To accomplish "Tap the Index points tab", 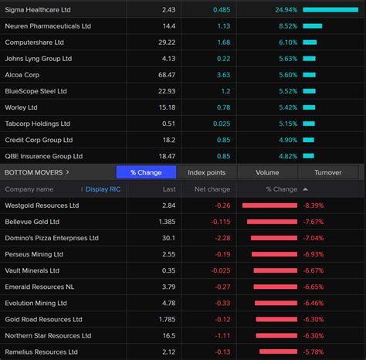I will coord(206,172).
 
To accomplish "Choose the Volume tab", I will coord(266,172).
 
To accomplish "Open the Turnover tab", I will coord(327,172).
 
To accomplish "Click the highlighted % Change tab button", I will coord(145,172).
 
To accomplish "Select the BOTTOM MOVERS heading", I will coord(35,172).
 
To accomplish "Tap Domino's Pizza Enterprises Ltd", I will coord(53,238).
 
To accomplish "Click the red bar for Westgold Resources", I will coord(269,205).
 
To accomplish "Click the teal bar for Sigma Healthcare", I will coord(330,9).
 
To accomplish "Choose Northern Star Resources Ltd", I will coord(47,335).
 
